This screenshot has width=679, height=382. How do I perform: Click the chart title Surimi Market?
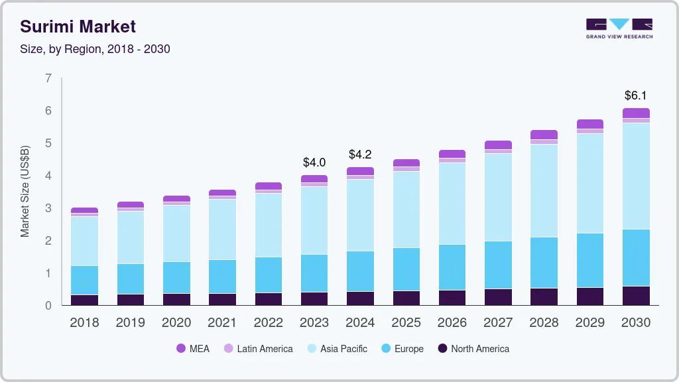(78, 27)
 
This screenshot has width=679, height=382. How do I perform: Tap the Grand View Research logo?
(619, 29)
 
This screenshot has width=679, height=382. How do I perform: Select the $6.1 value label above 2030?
(636, 95)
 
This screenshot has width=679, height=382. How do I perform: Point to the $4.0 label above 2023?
(314, 162)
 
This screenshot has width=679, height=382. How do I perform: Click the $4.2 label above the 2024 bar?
(360, 155)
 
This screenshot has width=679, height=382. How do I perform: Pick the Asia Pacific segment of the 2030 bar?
(636, 176)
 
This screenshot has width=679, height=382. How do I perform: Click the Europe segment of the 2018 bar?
(85, 280)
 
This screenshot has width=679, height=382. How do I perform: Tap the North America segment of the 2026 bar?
(452, 298)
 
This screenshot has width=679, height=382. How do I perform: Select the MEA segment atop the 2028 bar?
(544, 135)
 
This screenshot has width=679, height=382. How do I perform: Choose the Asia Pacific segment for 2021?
(222, 229)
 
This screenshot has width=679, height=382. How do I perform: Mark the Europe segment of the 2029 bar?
(590, 260)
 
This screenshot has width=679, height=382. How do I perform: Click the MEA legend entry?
(192, 349)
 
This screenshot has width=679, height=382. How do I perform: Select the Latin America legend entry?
(258, 349)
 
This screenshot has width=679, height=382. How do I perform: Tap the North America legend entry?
(473, 349)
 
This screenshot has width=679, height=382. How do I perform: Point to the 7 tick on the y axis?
(48, 78)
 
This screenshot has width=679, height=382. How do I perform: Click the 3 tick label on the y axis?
(48, 208)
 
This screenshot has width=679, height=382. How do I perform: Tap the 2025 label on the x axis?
(406, 323)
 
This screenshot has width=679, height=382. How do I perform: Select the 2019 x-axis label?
(131, 323)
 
